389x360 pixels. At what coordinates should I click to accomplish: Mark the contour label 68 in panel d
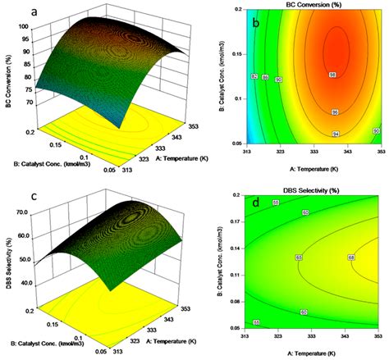[351, 258]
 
